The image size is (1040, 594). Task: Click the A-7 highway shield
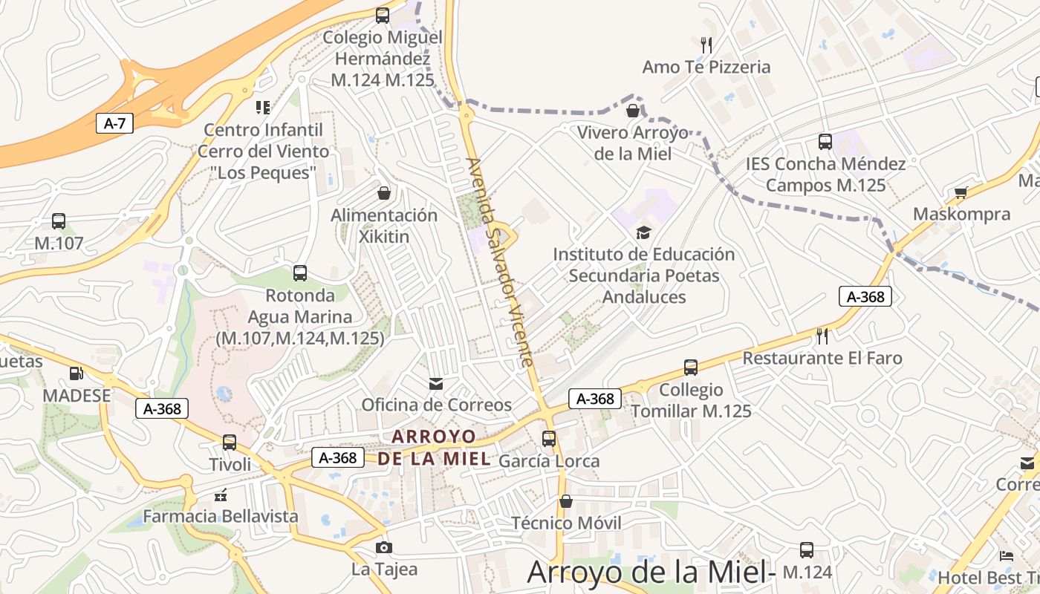114,123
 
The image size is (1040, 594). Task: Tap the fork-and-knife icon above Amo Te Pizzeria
706,45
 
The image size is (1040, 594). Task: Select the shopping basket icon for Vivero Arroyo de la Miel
633,111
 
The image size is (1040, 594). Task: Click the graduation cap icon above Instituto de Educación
643,232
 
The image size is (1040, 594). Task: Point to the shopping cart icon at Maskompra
961,192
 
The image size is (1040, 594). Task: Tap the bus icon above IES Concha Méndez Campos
825,142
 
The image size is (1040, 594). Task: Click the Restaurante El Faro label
822,358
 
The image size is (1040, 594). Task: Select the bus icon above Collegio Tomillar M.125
691,368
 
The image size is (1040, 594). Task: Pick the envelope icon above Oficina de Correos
436,383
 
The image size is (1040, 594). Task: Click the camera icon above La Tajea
383,548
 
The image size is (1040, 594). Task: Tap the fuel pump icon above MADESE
76,373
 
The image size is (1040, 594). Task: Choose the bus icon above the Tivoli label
230,443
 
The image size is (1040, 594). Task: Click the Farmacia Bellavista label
221,516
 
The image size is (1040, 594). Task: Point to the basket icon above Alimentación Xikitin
384,193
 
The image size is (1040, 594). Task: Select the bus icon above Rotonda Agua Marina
300,273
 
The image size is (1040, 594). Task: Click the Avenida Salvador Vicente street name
499,261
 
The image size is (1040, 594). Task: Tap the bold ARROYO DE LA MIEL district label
434,447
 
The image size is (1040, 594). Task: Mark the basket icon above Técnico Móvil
566,501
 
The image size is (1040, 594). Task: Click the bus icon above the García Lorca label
549,439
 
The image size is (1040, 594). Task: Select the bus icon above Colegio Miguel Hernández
383,15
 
